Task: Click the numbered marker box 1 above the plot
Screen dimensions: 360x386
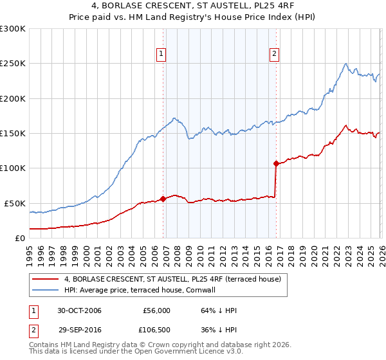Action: pos(160,54)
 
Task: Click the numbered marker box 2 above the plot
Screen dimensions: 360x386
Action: pos(274,54)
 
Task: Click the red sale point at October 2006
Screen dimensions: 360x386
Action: pos(163,199)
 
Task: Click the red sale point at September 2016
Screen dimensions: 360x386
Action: pos(276,163)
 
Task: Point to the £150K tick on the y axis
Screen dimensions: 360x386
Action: pos(13,134)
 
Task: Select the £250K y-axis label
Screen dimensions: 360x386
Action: pos(13,64)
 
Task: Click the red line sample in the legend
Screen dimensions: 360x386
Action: pos(46,280)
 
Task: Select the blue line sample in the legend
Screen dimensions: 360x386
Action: pos(46,291)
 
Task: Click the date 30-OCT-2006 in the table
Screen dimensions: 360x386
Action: pos(79,310)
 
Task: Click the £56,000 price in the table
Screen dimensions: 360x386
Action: pos(155,310)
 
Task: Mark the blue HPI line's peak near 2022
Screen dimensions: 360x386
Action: pos(346,63)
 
